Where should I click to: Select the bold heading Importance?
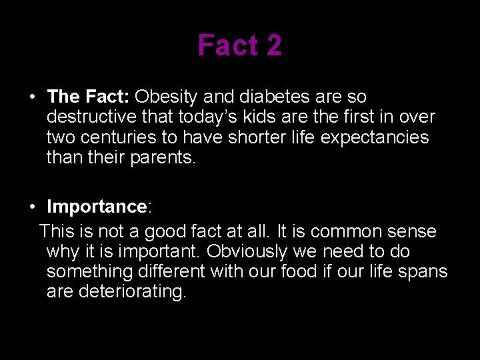click(x=97, y=207)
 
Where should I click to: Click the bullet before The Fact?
click(x=32, y=97)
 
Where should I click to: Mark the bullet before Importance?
click(x=32, y=207)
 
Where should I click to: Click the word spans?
click(x=424, y=272)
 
